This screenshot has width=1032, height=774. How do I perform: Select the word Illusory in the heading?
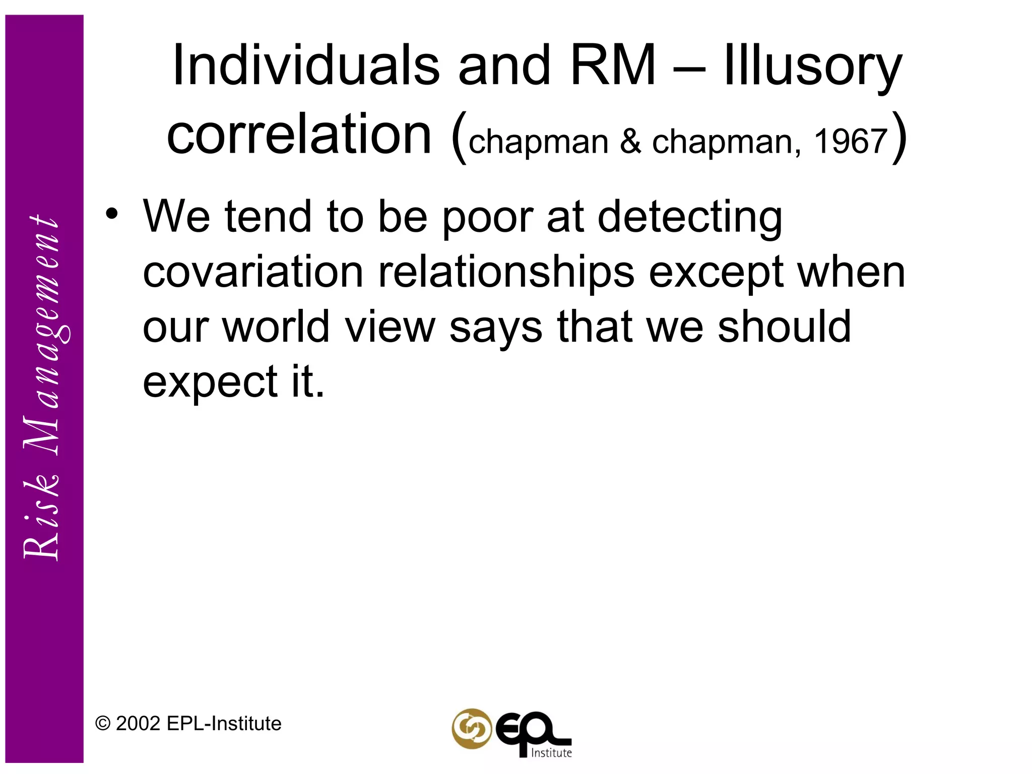point(812,68)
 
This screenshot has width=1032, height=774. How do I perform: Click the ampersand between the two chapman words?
point(630,142)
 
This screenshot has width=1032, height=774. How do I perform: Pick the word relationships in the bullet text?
point(506,273)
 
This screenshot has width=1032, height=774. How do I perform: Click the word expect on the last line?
point(210,383)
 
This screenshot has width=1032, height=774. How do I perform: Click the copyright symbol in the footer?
point(103,724)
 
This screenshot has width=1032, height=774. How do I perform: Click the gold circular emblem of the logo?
point(471,729)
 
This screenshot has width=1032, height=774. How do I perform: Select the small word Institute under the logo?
point(552,753)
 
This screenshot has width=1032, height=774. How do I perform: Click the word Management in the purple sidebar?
point(43,338)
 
